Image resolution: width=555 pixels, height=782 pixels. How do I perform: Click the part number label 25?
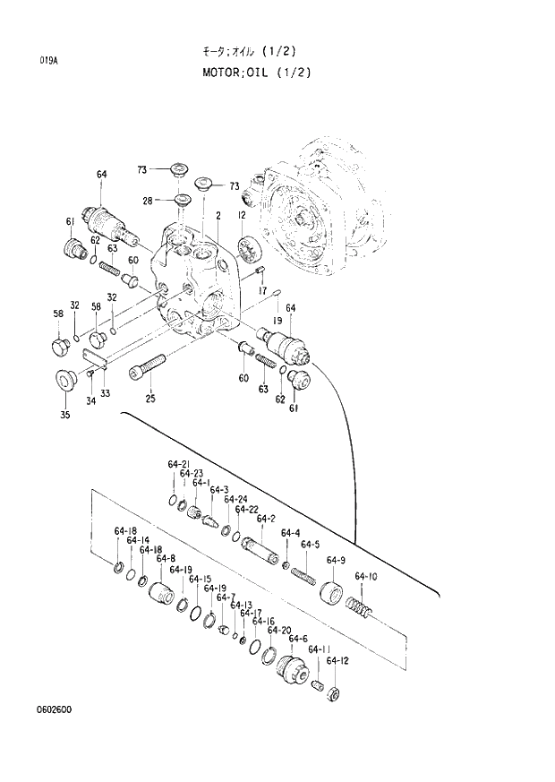tap(150, 399)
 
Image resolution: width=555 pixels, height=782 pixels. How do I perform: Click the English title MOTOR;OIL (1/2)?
tap(256, 73)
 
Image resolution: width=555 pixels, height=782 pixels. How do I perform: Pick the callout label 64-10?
tap(365, 576)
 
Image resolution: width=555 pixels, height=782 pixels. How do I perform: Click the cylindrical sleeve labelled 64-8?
tap(162, 593)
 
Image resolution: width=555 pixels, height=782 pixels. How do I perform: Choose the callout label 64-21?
tap(179, 464)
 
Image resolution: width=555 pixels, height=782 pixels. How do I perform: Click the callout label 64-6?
tap(298, 639)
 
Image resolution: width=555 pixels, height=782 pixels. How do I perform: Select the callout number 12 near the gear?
tap(242, 216)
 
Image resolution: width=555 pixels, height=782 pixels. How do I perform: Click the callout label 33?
tap(106, 392)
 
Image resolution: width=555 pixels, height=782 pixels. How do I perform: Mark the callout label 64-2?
tap(265, 519)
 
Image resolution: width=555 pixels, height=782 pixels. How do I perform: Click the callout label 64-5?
tap(310, 544)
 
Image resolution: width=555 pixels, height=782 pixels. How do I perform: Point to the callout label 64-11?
tap(319, 649)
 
